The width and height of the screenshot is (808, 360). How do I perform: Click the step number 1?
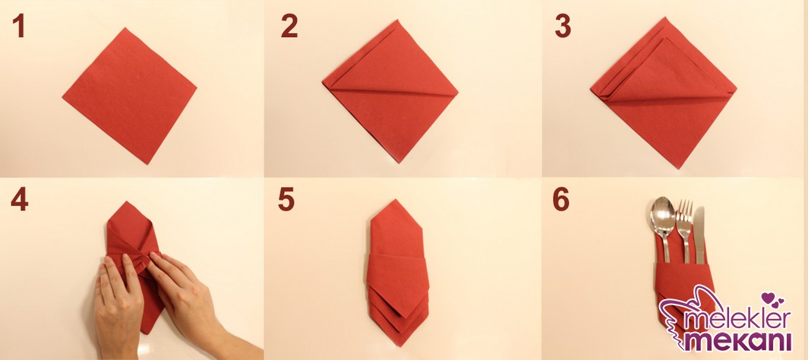[x=19, y=26]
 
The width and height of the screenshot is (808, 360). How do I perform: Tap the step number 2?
[x=289, y=26]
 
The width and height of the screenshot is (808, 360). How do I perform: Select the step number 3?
[x=563, y=26]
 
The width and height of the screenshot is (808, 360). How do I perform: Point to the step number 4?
[x=19, y=199]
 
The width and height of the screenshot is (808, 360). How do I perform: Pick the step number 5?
[x=286, y=199]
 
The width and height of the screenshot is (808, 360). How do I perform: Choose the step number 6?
[x=561, y=199]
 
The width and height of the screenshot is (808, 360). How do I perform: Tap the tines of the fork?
[x=683, y=210]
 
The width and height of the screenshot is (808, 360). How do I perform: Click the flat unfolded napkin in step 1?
[x=130, y=96]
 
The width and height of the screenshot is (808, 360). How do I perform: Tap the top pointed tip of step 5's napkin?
[x=395, y=200]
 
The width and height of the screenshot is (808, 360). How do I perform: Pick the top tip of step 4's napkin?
[x=126, y=202]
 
